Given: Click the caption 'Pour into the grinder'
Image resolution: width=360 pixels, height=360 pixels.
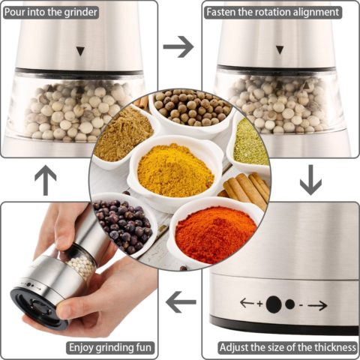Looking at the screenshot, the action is (x=51, y=12).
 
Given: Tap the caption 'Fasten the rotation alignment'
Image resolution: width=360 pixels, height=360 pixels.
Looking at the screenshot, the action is (x=273, y=12).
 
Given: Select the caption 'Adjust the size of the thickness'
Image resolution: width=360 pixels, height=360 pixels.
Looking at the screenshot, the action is (x=288, y=347).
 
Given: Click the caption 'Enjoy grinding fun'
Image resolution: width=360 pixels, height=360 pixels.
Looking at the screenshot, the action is (x=110, y=347).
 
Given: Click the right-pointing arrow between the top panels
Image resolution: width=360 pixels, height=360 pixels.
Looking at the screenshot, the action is (x=178, y=46).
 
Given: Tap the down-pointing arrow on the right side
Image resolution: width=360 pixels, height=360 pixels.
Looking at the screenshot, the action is (x=310, y=179).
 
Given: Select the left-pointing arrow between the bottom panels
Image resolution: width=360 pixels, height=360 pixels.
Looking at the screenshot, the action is (x=181, y=302).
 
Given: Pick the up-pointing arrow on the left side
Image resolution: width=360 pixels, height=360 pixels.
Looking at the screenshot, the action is (x=46, y=180).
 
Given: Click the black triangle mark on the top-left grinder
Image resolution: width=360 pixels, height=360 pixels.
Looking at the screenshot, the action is (x=80, y=51).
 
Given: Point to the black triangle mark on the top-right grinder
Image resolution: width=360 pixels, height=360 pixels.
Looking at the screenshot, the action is (x=280, y=49).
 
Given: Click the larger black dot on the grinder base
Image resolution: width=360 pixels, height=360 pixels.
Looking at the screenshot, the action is (x=274, y=304).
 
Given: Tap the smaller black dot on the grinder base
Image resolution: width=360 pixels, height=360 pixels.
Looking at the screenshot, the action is (x=290, y=304).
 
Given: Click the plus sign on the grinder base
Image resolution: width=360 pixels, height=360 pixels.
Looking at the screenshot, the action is (x=260, y=304).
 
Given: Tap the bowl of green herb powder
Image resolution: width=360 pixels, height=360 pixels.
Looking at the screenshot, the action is (x=250, y=142).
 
